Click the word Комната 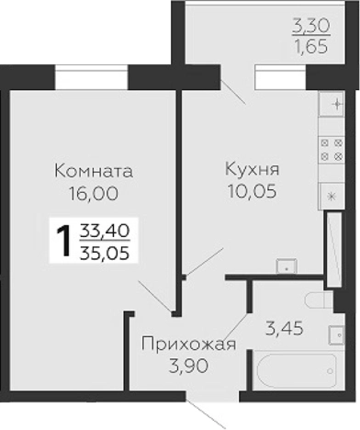point(94,171)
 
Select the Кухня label point(251,170)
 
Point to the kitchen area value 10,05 point(251,192)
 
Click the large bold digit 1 point(63,242)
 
